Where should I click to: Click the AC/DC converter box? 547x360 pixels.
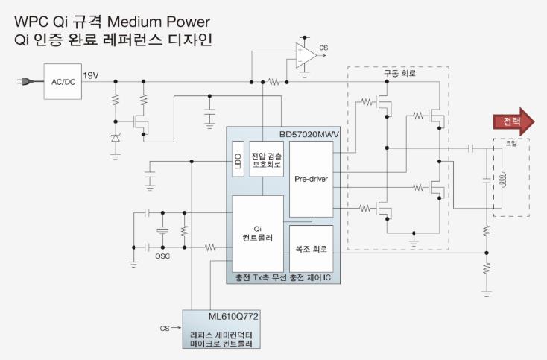63,82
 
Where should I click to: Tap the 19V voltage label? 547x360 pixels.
91,75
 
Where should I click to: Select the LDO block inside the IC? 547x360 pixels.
238,159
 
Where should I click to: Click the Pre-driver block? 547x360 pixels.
312,180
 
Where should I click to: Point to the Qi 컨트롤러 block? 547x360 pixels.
258,234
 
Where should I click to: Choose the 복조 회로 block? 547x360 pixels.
312,249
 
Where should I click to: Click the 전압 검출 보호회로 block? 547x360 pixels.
267,159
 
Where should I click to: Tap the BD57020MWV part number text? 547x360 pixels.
309,135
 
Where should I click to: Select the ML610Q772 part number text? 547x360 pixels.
233,316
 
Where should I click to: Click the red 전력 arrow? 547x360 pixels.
513,121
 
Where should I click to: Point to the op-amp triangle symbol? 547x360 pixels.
306,55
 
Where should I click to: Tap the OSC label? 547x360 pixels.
162,256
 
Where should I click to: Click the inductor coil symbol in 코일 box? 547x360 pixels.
503,180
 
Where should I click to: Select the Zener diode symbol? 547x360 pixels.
116,138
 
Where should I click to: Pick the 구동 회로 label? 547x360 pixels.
399,73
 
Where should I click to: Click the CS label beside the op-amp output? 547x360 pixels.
323,48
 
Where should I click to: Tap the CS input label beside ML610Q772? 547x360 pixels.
165,328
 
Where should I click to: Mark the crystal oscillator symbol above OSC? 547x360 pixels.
162,230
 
